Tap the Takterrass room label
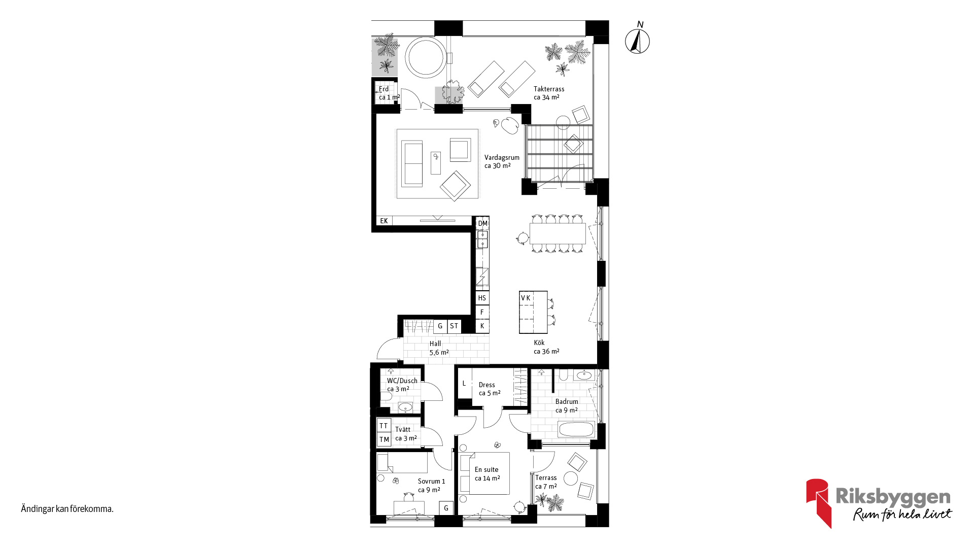[x=549, y=93]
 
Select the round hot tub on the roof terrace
[x=426, y=57]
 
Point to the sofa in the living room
[x=412, y=164]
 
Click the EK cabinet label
[x=384, y=221]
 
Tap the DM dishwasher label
[x=482, y=223]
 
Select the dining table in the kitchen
[x=558, y=233]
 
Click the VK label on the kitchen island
[x=526, y=298]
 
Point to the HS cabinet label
[x=482, y=298]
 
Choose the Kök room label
[x=546, y=347]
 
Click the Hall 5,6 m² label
[x=439, y=348]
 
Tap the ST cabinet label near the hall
[x=454, y=326]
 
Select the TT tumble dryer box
[x=384, y=426]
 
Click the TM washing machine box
[x=384, y=440]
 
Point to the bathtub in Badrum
[x=576, y=429]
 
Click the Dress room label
[x=490, y=389]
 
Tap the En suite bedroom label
[x=487, y=474]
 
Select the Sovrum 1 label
[x=431, y=486]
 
